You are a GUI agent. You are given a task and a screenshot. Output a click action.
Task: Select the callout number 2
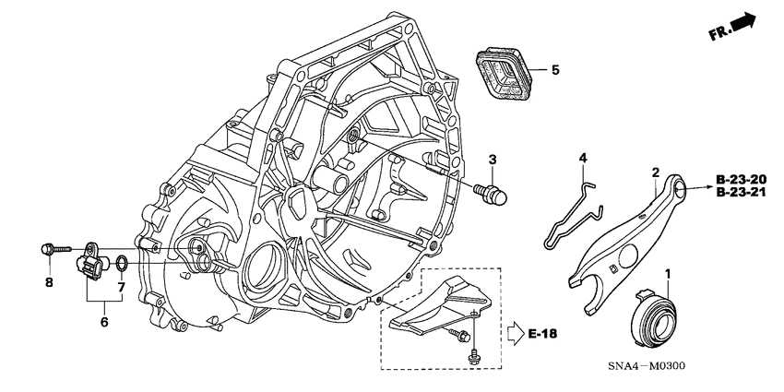654,172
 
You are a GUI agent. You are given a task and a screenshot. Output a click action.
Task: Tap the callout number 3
493,160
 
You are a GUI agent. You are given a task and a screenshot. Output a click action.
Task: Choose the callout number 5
554,69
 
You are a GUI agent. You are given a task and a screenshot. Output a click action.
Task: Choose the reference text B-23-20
740,178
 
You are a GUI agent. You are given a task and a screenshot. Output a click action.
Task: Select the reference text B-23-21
740,194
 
